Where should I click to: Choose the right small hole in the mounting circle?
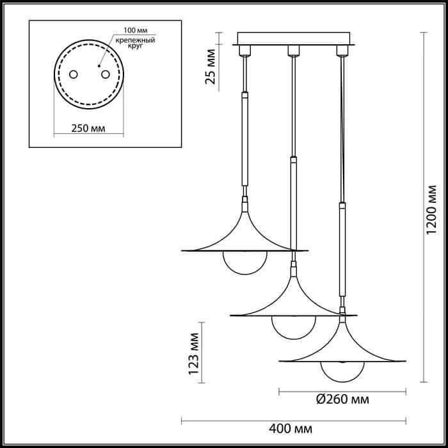tap(102, 75)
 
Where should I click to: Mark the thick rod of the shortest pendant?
tap(244, 139)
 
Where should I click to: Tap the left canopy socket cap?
tap(244, 50)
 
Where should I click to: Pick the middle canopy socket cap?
tap(292, 50)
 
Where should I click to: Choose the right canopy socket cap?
tap(340, 50)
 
